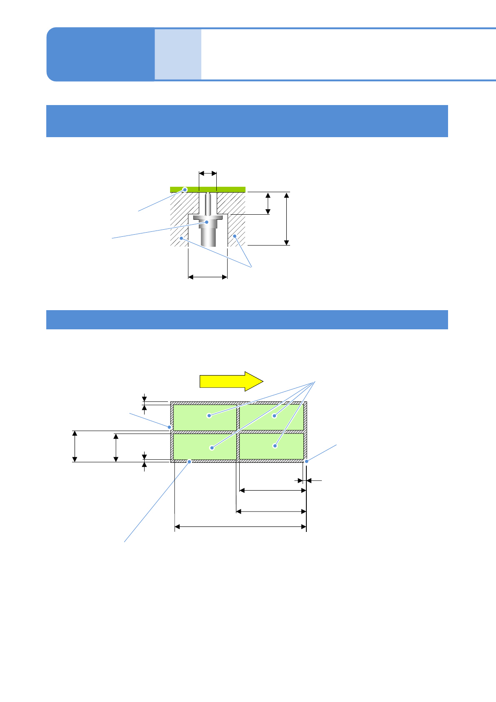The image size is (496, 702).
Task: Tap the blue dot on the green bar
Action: (185, 190)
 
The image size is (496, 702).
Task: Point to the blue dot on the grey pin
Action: (206, 222)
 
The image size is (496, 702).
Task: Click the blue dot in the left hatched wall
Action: (181, 238)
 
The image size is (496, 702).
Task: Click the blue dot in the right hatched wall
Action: (235, 236)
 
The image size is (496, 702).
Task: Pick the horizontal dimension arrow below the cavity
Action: (208, 276)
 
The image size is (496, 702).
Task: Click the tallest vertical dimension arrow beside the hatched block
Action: (286, 219)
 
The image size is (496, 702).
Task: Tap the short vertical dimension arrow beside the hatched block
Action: (268, 203)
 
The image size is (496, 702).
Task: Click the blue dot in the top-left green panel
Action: (209, 416)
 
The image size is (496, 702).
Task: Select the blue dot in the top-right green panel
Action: (274, 416)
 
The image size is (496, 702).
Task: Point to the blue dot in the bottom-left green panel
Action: (212, 448)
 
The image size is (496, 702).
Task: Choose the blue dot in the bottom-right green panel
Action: (275, 446)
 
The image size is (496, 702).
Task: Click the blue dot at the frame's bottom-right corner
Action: (306, 461)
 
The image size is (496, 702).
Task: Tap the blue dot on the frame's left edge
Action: (169, 427)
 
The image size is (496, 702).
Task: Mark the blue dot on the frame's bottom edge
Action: (190, 461)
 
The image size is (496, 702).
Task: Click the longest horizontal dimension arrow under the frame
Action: (240, 527)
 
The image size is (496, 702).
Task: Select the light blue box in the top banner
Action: (178, 54)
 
